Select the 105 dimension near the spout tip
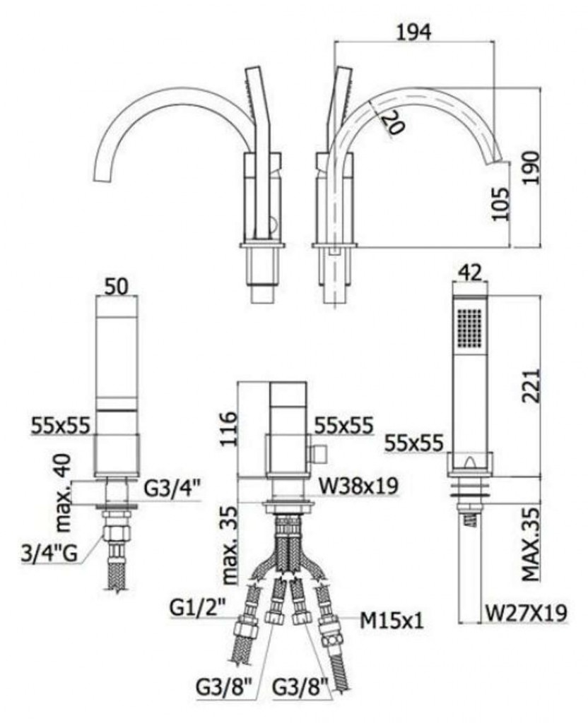tap(501, 203)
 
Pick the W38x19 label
tap(358, 486)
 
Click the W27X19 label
tap(526, 613)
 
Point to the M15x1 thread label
tap(392, 621)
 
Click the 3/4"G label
tap(47, 554)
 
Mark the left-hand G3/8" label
tap(225, 685)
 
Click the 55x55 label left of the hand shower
tap(414, 443)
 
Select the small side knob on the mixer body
tap(319, 450)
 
